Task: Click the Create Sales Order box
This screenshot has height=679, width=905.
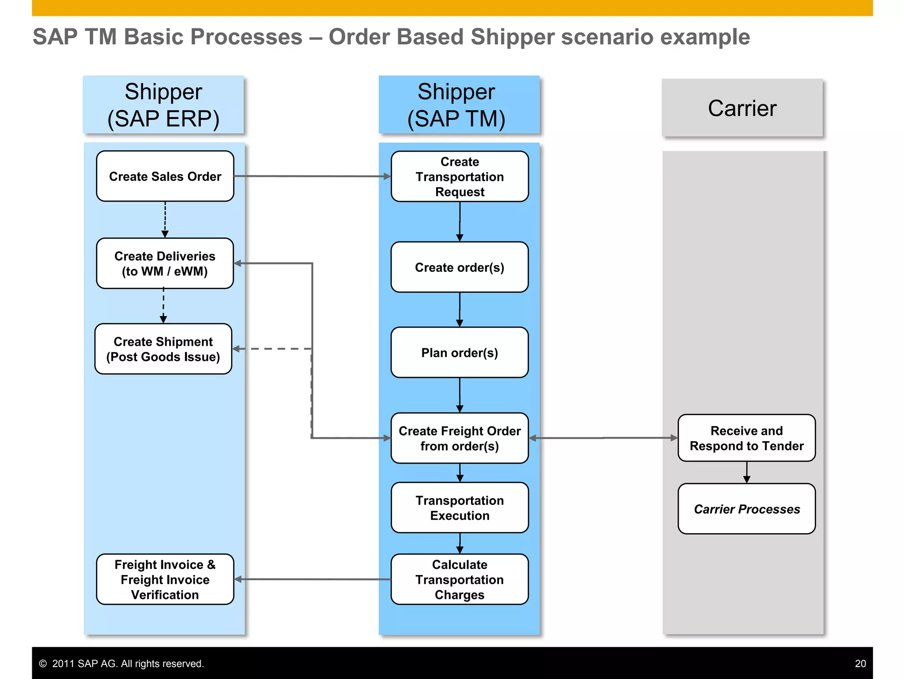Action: tap(165, 176)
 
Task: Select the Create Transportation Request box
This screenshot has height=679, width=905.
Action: tap(460, 176)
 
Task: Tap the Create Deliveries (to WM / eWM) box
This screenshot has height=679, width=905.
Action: tap(165, 263)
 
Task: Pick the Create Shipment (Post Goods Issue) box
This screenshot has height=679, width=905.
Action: tap(163, 349)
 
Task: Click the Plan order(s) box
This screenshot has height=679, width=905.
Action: tap(460, 352)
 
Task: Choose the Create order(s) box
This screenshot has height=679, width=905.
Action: tap(460, 267)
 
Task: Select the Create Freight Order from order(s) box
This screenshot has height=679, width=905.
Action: tap(460, 438)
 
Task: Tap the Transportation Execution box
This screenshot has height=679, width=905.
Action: tap(460, 507)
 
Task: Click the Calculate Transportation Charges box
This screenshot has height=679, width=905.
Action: tap(460, 579)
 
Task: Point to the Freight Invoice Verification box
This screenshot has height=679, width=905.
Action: tap(165, 579)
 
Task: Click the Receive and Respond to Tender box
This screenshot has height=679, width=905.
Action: tap(746, 438)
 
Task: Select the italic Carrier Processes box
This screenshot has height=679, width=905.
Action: tap(746, 509)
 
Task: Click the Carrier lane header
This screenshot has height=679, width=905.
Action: tap(742, 108)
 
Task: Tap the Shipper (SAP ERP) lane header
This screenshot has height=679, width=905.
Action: tap(164, 105)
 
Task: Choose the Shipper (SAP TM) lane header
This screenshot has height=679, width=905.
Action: tap(459, 105)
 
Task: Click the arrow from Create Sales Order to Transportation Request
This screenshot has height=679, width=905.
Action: tap(312, 176)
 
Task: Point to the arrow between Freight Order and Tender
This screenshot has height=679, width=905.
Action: tap(603, 438)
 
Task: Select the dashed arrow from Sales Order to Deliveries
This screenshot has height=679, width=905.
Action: tap(165, 219)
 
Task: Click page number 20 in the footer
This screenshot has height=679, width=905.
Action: tap(860, 664)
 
